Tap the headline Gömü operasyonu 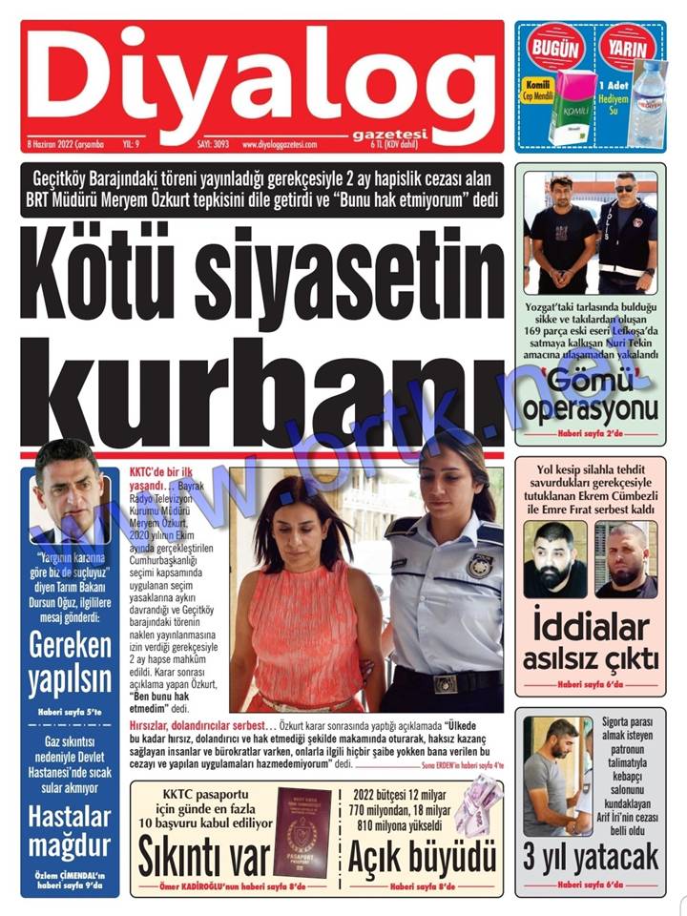[592, 397]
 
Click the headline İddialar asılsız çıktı [591, 642]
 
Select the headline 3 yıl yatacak [591, 856]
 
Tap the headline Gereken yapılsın [70, 664]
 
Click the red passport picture [302, 832]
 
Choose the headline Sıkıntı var [203, 858]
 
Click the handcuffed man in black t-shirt [562, 234]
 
